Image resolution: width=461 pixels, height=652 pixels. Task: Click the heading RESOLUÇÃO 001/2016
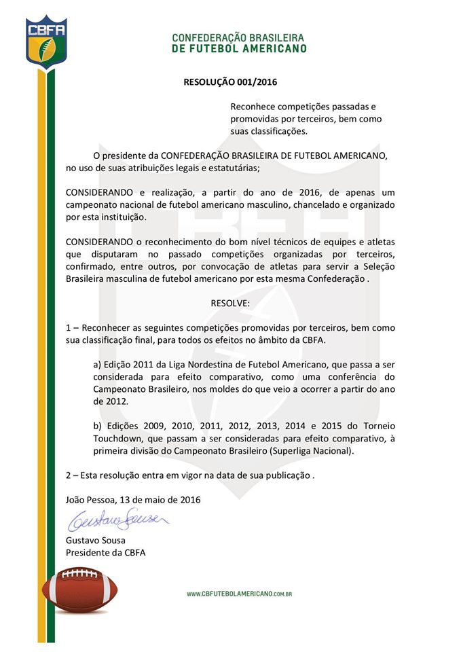231,82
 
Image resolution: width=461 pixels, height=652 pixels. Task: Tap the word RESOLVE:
230,303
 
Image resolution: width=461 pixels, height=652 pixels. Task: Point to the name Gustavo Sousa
96,541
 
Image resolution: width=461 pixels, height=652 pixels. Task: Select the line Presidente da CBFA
105,553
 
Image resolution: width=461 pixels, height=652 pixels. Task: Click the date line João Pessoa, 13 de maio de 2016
133,500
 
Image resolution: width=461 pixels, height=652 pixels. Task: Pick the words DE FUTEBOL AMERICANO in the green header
239,48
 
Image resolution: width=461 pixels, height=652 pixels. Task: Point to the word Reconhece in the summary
255,107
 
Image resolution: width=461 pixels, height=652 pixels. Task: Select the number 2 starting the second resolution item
69,475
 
